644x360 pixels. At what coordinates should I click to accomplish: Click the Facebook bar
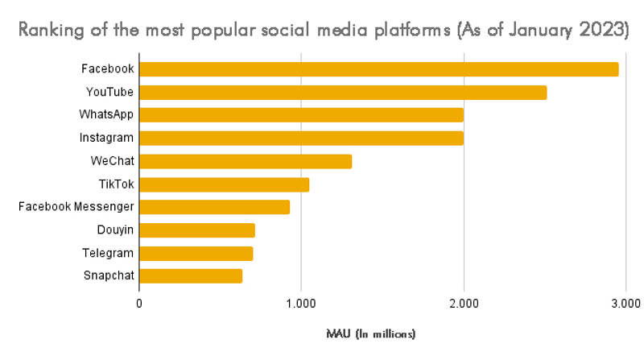coord(378,69)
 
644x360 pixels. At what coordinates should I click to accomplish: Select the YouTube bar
coord(343,93)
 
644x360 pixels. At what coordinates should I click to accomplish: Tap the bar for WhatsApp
coord(301,115)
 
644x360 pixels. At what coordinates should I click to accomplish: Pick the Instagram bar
coord(301,139)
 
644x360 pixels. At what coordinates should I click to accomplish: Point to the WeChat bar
coord(246,161)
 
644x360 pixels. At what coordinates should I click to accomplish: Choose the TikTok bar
coord(224,184)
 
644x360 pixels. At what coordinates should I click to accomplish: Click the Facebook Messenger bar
coord(214,207)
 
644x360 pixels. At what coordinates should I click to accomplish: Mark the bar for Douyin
coord(197,230)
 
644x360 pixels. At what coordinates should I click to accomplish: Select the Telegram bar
coord(196,254)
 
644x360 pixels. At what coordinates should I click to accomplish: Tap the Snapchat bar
coord(191,276)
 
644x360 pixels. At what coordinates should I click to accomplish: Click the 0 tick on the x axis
coord(139,304)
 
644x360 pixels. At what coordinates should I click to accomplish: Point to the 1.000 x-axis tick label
coord(301,304)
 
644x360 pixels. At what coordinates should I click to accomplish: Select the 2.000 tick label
coord(463,304)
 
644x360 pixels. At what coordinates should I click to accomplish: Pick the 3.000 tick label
coord(625,304)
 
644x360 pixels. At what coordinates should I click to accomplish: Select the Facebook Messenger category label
coord(76,207)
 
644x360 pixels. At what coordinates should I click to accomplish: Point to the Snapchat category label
coord(108,276)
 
